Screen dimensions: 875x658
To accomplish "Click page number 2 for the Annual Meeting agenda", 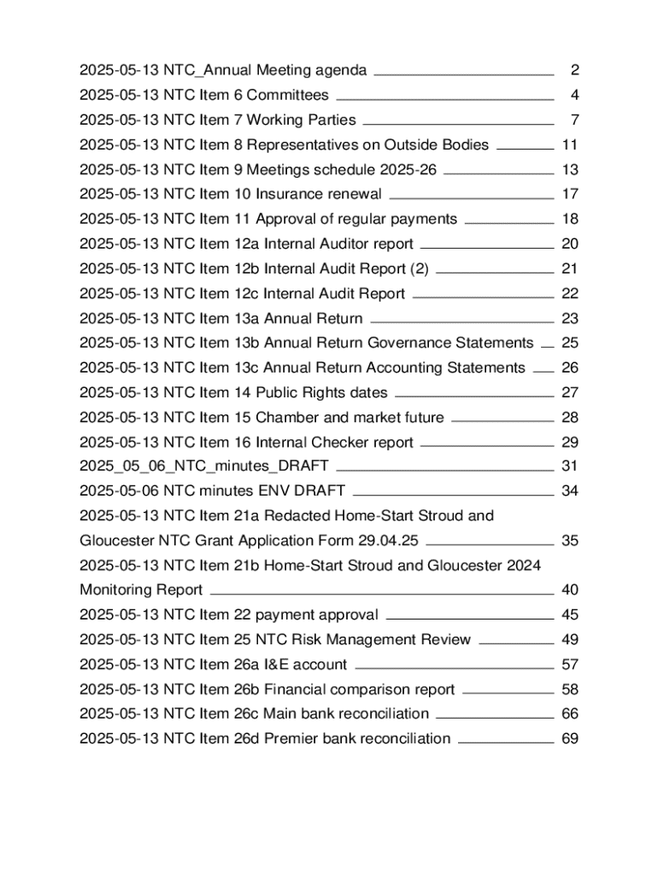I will click(x=575, y=70).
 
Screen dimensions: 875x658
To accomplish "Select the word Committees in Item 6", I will click(x=287, y=95).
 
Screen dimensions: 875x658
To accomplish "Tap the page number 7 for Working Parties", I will click(x=575, y=120).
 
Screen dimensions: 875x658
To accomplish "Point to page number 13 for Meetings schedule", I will click(x=570, y=169).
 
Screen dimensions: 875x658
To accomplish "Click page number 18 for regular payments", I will click(x=570, y=219).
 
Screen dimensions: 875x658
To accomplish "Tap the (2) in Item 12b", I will click(x=419, y=268).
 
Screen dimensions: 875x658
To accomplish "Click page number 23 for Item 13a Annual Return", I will click(x=570, y=319).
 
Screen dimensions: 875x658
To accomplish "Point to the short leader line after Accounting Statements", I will click(x=543, y=370).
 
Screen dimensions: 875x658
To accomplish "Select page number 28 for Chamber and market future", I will click(x=570, y=417).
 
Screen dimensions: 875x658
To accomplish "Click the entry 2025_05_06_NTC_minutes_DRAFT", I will click(x=204, y=467).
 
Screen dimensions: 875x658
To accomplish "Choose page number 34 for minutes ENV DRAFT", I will click(x=570, y=490).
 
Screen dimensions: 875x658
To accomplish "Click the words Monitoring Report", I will click(x=141, y=590).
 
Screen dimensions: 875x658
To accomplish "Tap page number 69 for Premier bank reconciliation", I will click(x=570, y=738).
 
